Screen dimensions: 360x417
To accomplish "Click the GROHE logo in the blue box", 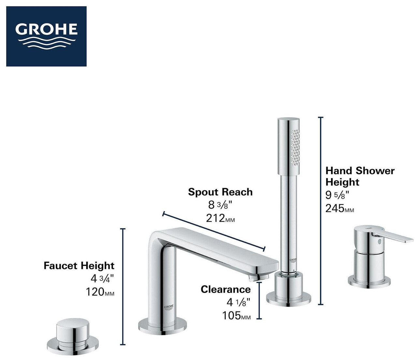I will [x=46, y=36].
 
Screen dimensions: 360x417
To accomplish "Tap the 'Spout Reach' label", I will [x=220, y=192].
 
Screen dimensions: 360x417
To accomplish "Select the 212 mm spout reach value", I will [x=220, y=218].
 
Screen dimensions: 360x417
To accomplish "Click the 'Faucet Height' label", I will [x=79, y=266].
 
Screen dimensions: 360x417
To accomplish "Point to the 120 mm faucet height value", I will [x=100, y=292].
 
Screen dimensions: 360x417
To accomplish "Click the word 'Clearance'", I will [x=226, y=289].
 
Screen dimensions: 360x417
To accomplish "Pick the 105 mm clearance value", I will [x=237, y=315].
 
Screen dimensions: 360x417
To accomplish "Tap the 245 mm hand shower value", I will [x=340, y=208].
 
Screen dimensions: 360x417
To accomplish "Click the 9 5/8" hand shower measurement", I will [x=338, y=195].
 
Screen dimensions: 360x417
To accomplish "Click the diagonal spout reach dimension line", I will [x=214, y=231].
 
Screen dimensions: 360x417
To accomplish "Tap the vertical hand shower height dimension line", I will [x=321, y=211].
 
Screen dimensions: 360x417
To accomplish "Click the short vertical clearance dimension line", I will [x=259, y=300].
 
